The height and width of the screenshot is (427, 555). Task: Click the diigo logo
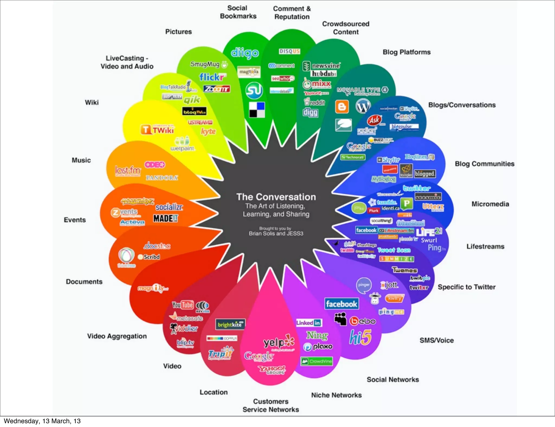click(245, 53)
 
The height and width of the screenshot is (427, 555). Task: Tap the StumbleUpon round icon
click(254, 90)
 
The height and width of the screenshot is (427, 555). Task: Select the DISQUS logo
click(289, 51)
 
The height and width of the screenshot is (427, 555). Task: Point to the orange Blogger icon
click(342, 106)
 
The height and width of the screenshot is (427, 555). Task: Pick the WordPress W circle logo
click(363, 106)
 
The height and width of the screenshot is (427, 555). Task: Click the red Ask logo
click(375, 120)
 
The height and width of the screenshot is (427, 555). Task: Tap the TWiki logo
click(157, 130)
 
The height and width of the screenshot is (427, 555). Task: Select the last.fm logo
click(128, 170)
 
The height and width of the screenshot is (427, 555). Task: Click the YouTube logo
click(183, 305)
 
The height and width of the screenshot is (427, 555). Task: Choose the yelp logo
click(279, 342)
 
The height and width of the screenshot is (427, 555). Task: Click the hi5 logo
click(360, 337)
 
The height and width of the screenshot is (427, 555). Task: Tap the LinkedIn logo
click(309, 323)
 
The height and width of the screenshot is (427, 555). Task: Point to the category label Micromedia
click(490, 204)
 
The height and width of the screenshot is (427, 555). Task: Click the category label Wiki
click(92, 102)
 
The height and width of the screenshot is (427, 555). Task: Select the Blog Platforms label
click(406, 52)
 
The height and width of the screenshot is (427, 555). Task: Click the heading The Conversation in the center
click(276, 197)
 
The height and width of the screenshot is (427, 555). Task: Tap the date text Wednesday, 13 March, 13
click(42, 421)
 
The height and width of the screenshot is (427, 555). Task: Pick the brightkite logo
click(230, 324)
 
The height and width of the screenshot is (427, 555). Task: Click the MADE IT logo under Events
click(166, 218)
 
